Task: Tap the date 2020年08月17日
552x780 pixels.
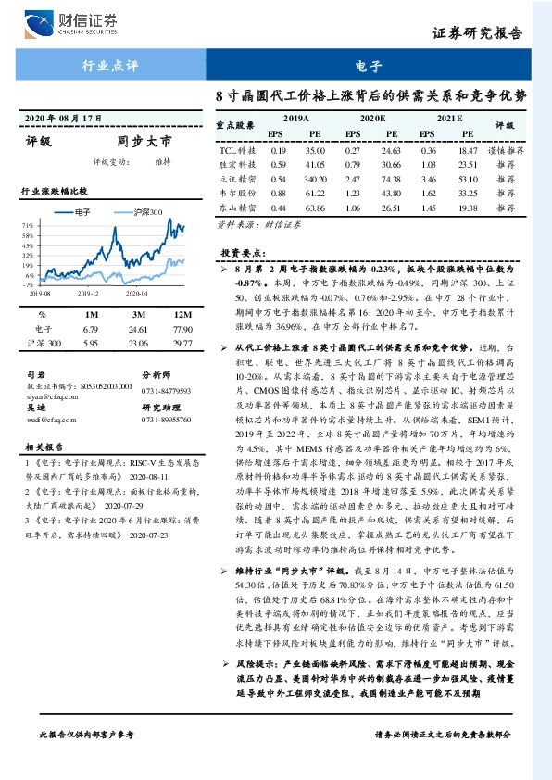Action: coord(61,119)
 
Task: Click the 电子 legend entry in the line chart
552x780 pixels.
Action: coord(74,211)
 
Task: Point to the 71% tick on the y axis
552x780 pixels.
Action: coord(28,225)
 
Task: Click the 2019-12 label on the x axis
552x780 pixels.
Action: coord(88,293)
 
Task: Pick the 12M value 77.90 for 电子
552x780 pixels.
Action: coord(168,329)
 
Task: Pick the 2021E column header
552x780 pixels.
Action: coord(448,120)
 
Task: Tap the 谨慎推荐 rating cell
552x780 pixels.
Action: coord(505,149)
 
